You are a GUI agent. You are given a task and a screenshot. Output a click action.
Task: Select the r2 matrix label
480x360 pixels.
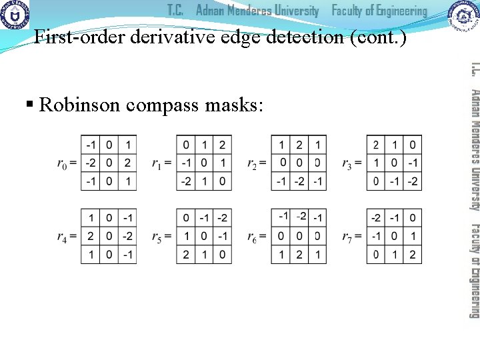tap(256, 163)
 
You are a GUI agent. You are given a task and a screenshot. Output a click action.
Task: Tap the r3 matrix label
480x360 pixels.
tap(351, 163)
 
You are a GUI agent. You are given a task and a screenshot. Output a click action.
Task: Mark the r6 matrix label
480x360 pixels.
tap(256, 237)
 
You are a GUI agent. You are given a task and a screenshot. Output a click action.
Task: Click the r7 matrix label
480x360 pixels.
tap(351, 237)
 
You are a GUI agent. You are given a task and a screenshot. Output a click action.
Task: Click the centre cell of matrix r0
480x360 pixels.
tap(109, 163)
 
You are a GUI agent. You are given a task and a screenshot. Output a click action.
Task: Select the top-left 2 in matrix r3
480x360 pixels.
tap(377, 145)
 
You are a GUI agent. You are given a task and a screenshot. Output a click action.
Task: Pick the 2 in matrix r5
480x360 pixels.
tap(186, 254)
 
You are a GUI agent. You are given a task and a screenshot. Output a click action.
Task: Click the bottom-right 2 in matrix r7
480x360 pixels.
tap(412, 254)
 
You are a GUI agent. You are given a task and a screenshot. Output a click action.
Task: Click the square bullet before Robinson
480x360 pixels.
tap(29, 105)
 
